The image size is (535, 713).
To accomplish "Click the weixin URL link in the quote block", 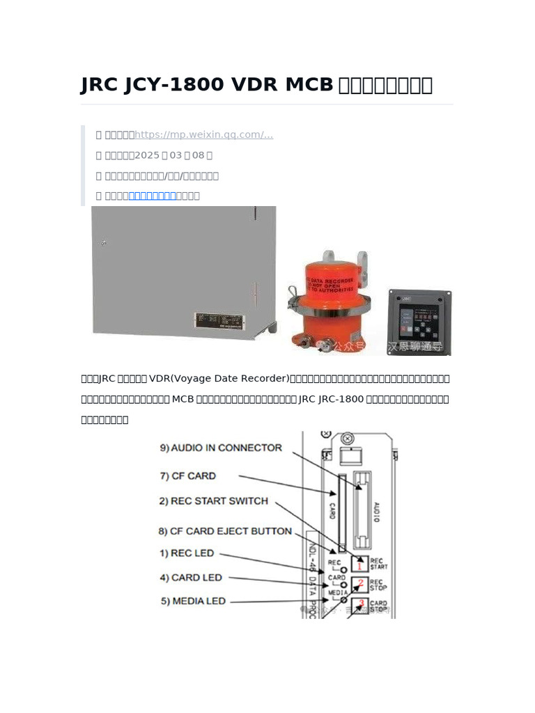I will coord(203,135).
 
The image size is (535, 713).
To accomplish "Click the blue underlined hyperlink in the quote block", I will coord(153,196).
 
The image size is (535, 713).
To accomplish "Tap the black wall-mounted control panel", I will coord(419,322).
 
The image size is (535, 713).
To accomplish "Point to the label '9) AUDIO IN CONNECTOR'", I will coord(221,448).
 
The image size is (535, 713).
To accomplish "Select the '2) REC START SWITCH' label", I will coord(212,501).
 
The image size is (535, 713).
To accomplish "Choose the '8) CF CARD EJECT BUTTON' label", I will coord(225,531).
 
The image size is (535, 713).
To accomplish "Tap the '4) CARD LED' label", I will coord(191,578).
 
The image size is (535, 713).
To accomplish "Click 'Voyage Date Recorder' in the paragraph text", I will coord(228,379).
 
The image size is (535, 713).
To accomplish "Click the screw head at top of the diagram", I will coord(346,440).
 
